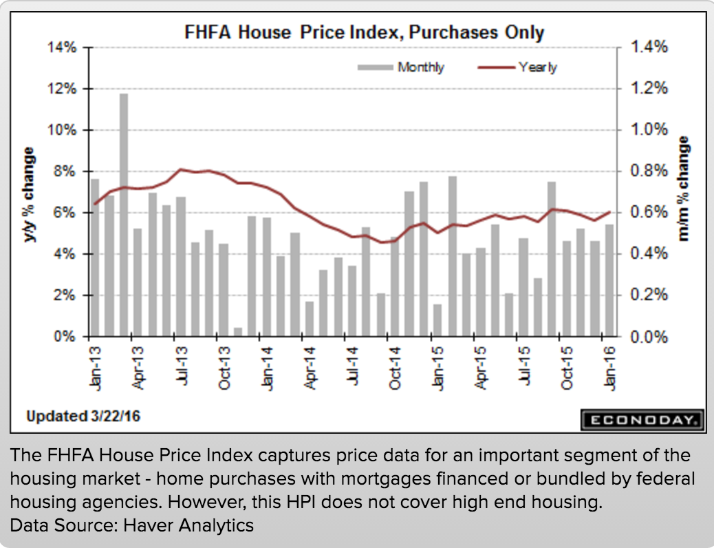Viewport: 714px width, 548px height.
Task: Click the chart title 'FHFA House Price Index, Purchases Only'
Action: point(363,32)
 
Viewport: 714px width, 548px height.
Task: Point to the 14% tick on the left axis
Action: point(62,48)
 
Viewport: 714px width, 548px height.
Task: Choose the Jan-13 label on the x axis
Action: point(96,368)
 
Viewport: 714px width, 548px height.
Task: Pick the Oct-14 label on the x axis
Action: point(395,368)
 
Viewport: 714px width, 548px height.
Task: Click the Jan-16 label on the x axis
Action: point(609,368)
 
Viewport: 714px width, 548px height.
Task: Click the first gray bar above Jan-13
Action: point(95,257)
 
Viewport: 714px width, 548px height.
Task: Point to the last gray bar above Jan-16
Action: point(609,280)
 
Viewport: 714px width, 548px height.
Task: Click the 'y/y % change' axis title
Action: point(30,195)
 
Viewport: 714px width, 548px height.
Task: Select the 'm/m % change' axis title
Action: point(684,189)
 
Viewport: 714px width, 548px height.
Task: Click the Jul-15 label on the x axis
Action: point(523,368)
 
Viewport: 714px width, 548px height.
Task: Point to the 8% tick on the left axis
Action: point(65,171)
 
